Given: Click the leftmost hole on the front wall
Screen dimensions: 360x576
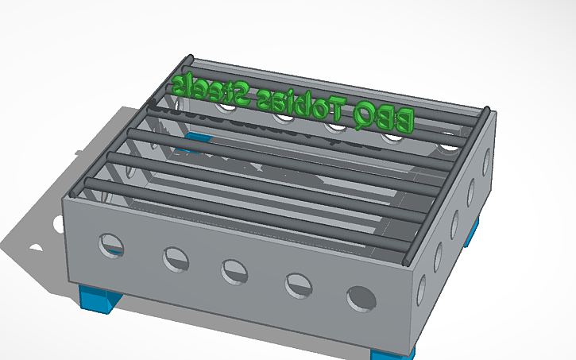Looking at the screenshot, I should coord(110,246).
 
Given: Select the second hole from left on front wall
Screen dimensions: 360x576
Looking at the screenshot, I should coord(176,258).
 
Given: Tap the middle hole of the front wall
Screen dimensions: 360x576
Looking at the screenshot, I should coord(234,271).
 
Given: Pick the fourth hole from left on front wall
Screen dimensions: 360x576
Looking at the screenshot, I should coord(298,285).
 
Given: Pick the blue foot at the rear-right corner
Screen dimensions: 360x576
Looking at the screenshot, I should coord(474,231).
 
